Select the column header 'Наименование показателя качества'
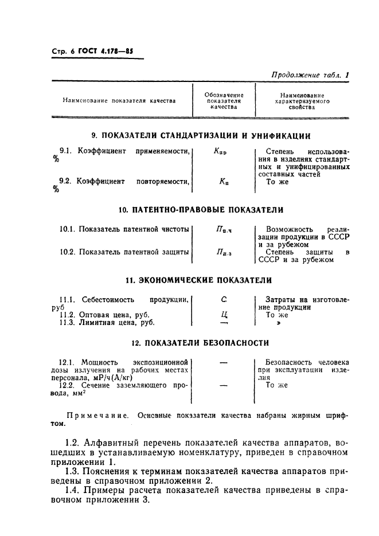tap(119, 101)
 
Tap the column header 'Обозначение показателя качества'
tap(224, 101)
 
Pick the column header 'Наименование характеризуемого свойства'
tap(302, 101)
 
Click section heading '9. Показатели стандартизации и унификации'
tap(202, 136)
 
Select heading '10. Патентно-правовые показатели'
tap(202, 210)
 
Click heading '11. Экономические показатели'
tap(202, 280)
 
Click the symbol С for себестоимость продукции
tap(224, 299)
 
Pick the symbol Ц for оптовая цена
tap(224, 315)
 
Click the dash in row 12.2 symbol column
tap(224, 386)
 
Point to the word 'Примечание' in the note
tap(92, 414)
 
